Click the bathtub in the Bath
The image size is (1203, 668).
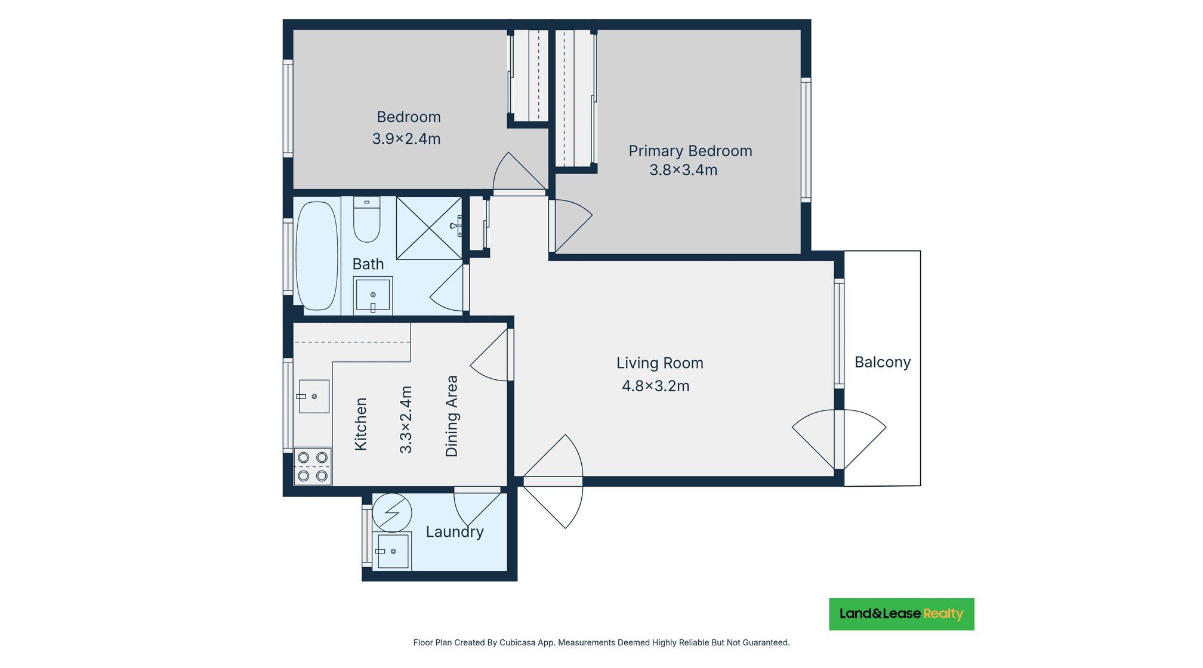[x=317, y=256]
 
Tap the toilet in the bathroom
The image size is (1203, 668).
[x=366, y=219]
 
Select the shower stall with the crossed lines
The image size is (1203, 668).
[x=429, y=228]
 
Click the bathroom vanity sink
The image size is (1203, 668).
[x=373, y=296]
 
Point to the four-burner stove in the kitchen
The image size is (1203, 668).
[x=313, y=466]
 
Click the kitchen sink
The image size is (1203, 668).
[x=314, y=397]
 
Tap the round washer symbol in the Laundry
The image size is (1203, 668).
[x=392, y=512]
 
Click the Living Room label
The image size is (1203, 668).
[x=659, y=363]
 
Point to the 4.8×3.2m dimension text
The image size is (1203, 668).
[x=656, y=386]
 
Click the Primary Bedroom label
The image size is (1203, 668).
[x=690, y=151]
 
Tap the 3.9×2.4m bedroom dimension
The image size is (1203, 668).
[x=406, y=139]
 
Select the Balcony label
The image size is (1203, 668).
[x=883, y=363]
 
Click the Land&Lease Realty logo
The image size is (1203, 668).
[x=901, y=614]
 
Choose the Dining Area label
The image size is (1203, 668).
[x=452, y=416]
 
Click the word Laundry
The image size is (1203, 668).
[x=455, y=532]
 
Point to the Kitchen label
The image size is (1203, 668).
[x=360, y=424]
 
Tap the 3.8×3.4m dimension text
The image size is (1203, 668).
[x=683, y=170]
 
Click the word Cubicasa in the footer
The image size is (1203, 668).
[x=517, y=643]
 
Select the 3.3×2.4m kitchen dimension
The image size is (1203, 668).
[x=406, y=419]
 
